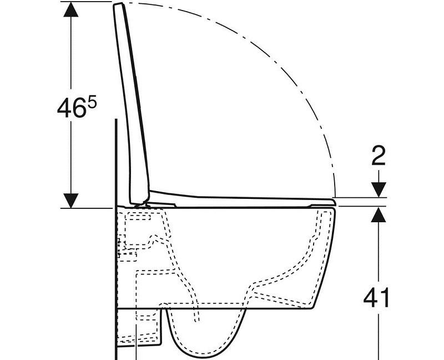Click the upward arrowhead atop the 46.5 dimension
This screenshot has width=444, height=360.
[70, 9]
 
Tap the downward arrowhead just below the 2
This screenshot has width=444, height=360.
[379, 189]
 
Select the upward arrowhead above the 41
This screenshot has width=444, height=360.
[379, 214]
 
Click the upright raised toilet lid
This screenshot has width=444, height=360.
[133, 106]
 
